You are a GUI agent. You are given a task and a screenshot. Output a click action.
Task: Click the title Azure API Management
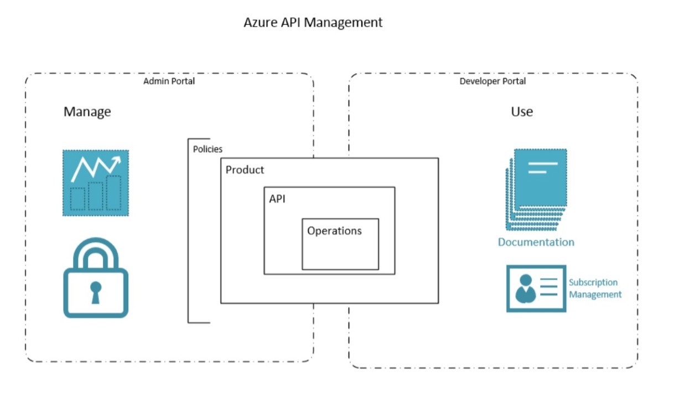[313, 23]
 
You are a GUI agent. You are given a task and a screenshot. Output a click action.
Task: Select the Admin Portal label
[169, 81]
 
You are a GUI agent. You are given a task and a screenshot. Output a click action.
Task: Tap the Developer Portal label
[492, 81]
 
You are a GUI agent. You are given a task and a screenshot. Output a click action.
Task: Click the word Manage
[87, 112]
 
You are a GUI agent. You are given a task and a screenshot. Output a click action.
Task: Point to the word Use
[521, 112]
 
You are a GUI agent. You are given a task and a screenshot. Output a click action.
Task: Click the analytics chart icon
[95, 182]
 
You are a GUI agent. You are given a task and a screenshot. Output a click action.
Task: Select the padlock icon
[96, 278]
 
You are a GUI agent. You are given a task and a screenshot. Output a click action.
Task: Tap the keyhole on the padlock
[96, 291]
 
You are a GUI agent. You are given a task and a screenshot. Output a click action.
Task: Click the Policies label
[208, 149]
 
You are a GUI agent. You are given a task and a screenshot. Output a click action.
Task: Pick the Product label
[245, 170]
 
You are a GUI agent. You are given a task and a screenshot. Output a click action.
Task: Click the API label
[277, 199]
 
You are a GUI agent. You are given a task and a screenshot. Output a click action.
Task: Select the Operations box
[340, 244]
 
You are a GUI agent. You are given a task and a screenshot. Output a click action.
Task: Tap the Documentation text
[536, 242]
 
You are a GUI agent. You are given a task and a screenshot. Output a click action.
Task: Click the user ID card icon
[536, 288]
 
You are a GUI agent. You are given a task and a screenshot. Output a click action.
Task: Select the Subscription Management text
[595, 288]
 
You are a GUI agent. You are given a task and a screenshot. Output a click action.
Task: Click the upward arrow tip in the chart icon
[118, 159]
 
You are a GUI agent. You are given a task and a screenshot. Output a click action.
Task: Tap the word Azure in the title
[258, 23]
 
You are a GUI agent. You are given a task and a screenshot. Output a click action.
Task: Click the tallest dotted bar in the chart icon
[113, 193]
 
